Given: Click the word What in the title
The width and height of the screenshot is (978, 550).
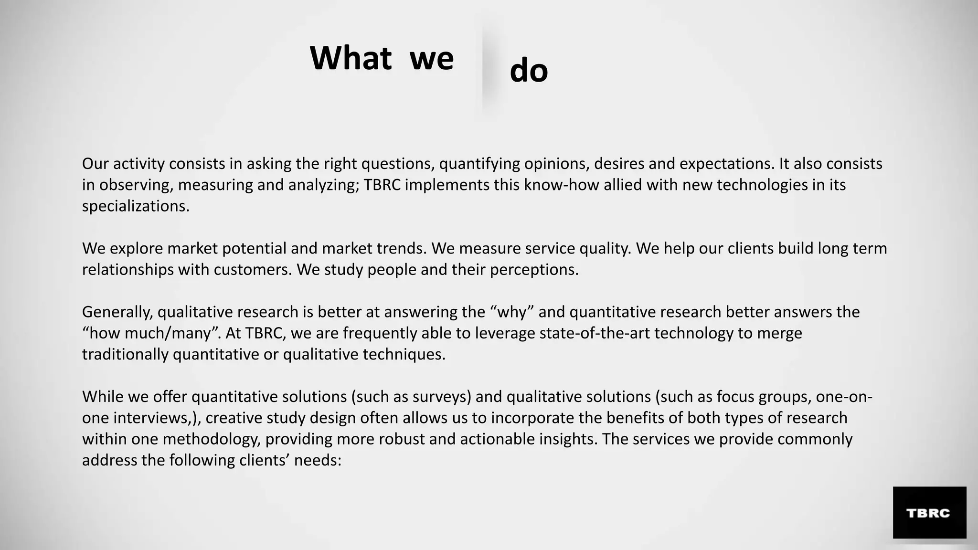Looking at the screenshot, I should tap(351, 58).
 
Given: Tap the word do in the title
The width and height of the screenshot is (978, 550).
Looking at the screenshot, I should tap(529, 71).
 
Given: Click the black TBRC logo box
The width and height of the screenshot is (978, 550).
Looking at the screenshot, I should tap(929, 512).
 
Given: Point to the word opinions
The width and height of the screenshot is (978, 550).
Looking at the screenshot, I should tap(550, 164).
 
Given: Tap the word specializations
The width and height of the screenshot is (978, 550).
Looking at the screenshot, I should tap(136, 206).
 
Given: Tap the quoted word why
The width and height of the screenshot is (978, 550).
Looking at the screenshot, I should tap(512, 312).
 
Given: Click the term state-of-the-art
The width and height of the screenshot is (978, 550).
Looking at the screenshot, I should tap(595, 333).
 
